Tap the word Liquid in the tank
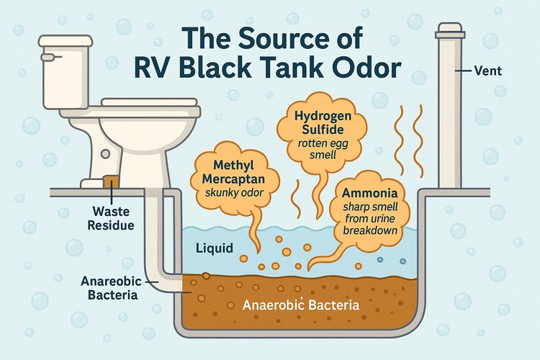coord(215,248)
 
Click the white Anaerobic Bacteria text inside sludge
coord(301,304)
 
